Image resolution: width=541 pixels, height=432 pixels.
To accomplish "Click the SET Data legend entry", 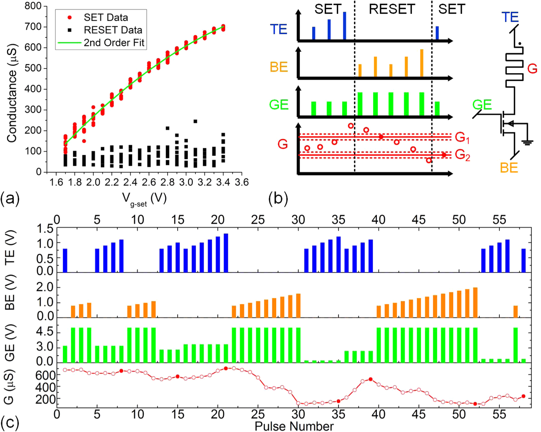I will click(106, 18).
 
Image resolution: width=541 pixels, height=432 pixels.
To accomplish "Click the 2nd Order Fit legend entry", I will click(114, 43).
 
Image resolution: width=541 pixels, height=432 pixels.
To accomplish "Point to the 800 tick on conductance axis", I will click(33, 6).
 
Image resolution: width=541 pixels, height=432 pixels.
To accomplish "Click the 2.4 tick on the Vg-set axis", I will click(130, 182).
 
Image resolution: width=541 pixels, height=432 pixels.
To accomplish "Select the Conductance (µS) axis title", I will click(12, 93).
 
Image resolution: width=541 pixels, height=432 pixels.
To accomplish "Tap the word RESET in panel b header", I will click(392, 9).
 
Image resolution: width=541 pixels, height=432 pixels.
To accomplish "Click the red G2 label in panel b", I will click(462, 155).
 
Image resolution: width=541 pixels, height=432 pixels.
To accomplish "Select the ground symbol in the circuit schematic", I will click(527, 143).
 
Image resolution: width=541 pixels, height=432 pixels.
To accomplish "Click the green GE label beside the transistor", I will click(482, 105).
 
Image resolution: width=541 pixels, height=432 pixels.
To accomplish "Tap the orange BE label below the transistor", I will click(509, 168).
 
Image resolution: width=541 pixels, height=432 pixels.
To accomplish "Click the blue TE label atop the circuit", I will click(510, 17).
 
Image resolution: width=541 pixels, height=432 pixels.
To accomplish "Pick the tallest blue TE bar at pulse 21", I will click(226, 253).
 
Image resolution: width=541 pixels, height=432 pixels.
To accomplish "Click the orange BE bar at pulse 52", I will click(475, 303).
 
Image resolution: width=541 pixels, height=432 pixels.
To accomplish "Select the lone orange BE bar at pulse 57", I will click(515, 312).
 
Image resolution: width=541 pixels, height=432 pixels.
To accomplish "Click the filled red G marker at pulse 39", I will click(370, 379).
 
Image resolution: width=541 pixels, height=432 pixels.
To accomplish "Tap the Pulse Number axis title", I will click(294, 426).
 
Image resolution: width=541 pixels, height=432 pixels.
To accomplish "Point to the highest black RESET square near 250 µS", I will click(195, 121).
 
